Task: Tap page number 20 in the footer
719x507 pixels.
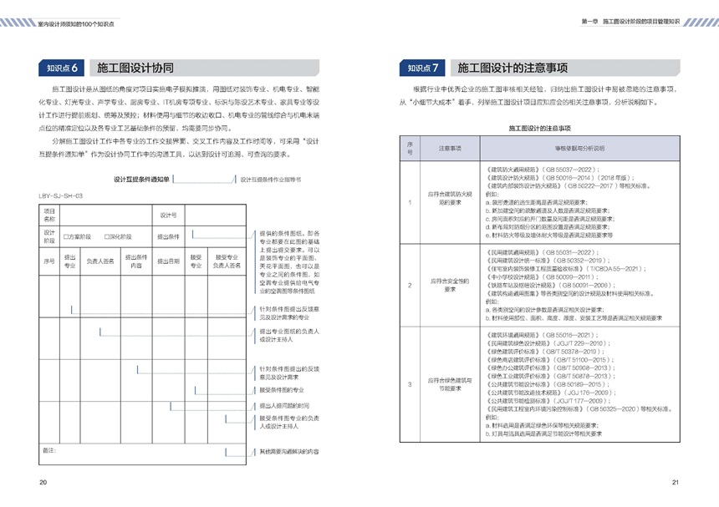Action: pyautogui.click(x=43, y=482)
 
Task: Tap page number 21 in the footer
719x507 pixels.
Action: pyautogui.click(x=676, y=482)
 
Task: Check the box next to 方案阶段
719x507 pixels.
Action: pyautogui.click(x=66, y=236)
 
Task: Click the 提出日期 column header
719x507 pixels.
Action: pyautogui.click(x=170, y=261)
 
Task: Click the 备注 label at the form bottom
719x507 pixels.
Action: pyautogui.click(x=48, y=450)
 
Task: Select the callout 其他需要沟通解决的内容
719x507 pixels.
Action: pyautogui.click(x=289, y=452)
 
